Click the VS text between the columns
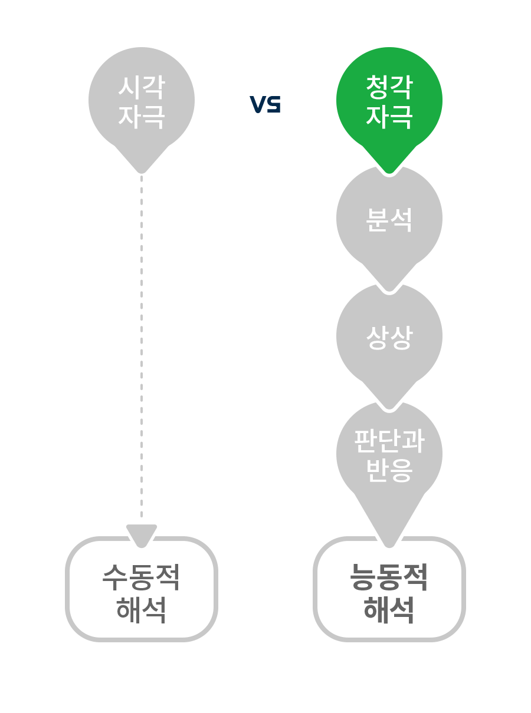click(265, 104)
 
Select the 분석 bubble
click(389, 219)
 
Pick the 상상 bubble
click(389, 337)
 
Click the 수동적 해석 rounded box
click(142, 589)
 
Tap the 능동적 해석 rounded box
click(389, 589)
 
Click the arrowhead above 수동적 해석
click(142, 534)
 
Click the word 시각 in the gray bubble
click(141, 87)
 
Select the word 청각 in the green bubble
click(389, 87)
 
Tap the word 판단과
click(389, 440)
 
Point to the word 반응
click(389, 470)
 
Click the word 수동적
click(142, 577)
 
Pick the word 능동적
click(389, 577)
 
